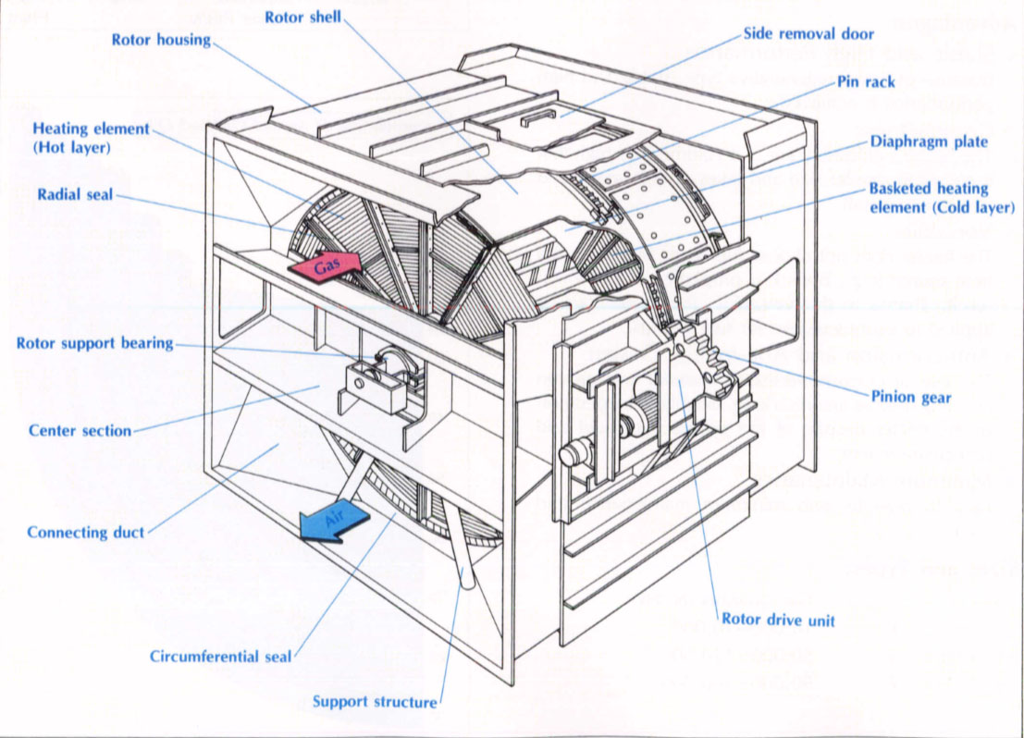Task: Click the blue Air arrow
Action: [x=329, y=524]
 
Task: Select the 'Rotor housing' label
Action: [x=161, y=40]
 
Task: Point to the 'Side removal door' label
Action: [x=808, y=34]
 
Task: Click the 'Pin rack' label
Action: [x=866, y=81]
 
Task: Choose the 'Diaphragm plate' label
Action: [x=928, y=141]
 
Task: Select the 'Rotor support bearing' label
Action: [x=94, y=343]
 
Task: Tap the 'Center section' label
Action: [x=80, y=430]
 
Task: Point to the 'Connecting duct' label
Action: [x=86, y=532]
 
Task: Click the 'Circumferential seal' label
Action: [x=220, y=657]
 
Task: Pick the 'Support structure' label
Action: [x=375, y=702]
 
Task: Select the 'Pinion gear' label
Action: [x=912, y=398]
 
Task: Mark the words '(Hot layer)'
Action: [x=70, y=147]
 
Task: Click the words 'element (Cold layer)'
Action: [x=942, y=207]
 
